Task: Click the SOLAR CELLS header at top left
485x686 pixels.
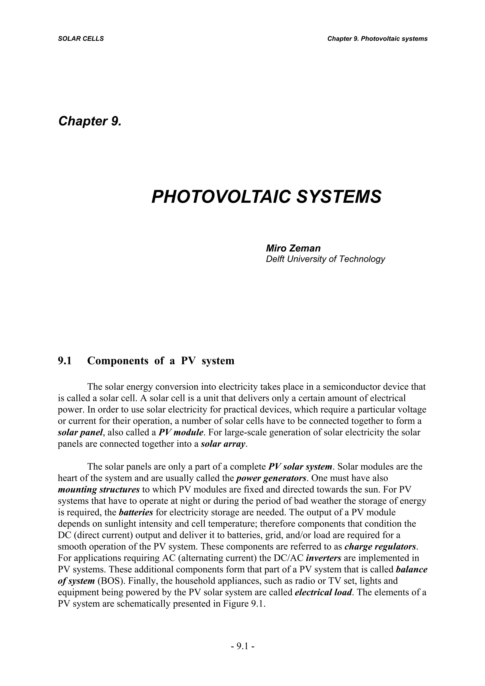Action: (81, 39)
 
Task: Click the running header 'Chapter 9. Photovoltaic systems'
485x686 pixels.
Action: (377, 39)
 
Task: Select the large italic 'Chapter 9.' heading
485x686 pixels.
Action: (90, 121)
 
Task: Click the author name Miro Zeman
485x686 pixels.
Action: (293, 248)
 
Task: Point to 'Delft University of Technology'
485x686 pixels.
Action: (325, 259)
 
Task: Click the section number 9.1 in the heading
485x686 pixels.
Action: (65, 361)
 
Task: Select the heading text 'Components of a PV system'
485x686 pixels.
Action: (161, 361)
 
